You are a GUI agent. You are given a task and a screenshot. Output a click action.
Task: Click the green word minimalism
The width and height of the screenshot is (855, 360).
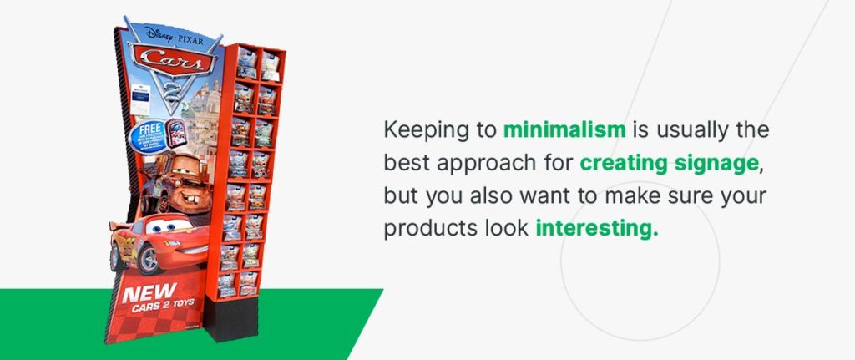[x=565, y=131]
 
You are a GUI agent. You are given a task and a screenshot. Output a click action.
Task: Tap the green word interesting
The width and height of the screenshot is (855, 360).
[x=596, y=228]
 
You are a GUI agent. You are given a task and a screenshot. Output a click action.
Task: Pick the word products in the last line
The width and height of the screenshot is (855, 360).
[x=423, y=228]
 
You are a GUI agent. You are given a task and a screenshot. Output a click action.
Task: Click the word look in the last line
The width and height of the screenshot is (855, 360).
[x=503, y=228]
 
